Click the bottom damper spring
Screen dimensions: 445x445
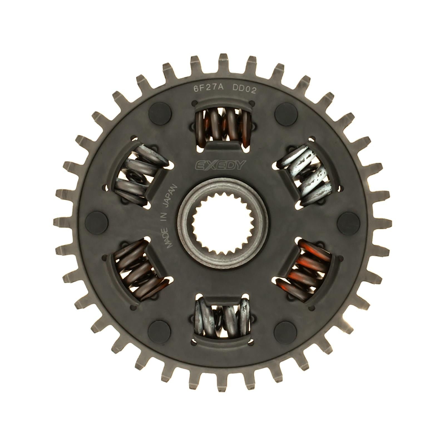tap(223, 317)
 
